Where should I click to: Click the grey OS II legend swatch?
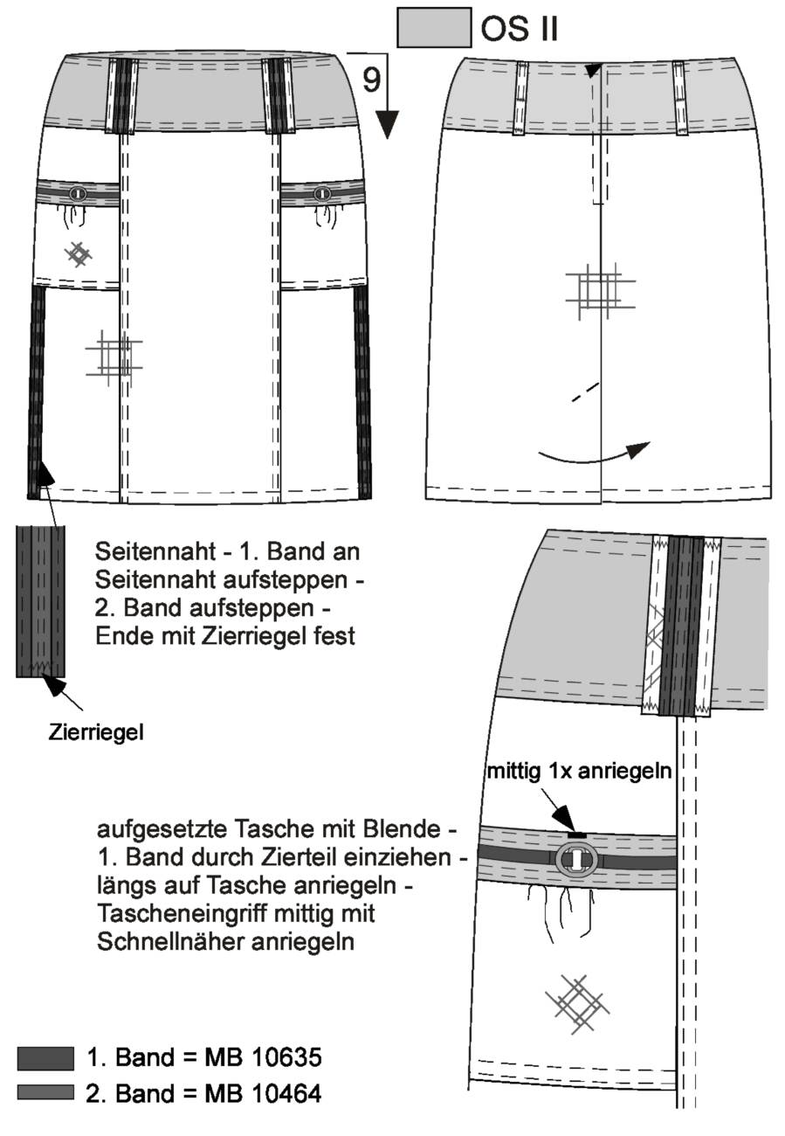(434, 27)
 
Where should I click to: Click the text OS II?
(520, 28)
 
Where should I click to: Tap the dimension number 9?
(371, 80)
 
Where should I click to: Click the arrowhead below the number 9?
(388, 124)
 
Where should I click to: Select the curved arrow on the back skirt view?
(594, 455)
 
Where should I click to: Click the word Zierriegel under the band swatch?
(96, 732)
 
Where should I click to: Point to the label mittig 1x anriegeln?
(579, 772)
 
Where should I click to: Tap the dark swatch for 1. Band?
(45, 1058)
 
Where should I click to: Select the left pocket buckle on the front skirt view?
(77, 194)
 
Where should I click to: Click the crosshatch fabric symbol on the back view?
(600, 291)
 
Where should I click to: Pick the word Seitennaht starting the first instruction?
(155, 551)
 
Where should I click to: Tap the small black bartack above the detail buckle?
(576, 835)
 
